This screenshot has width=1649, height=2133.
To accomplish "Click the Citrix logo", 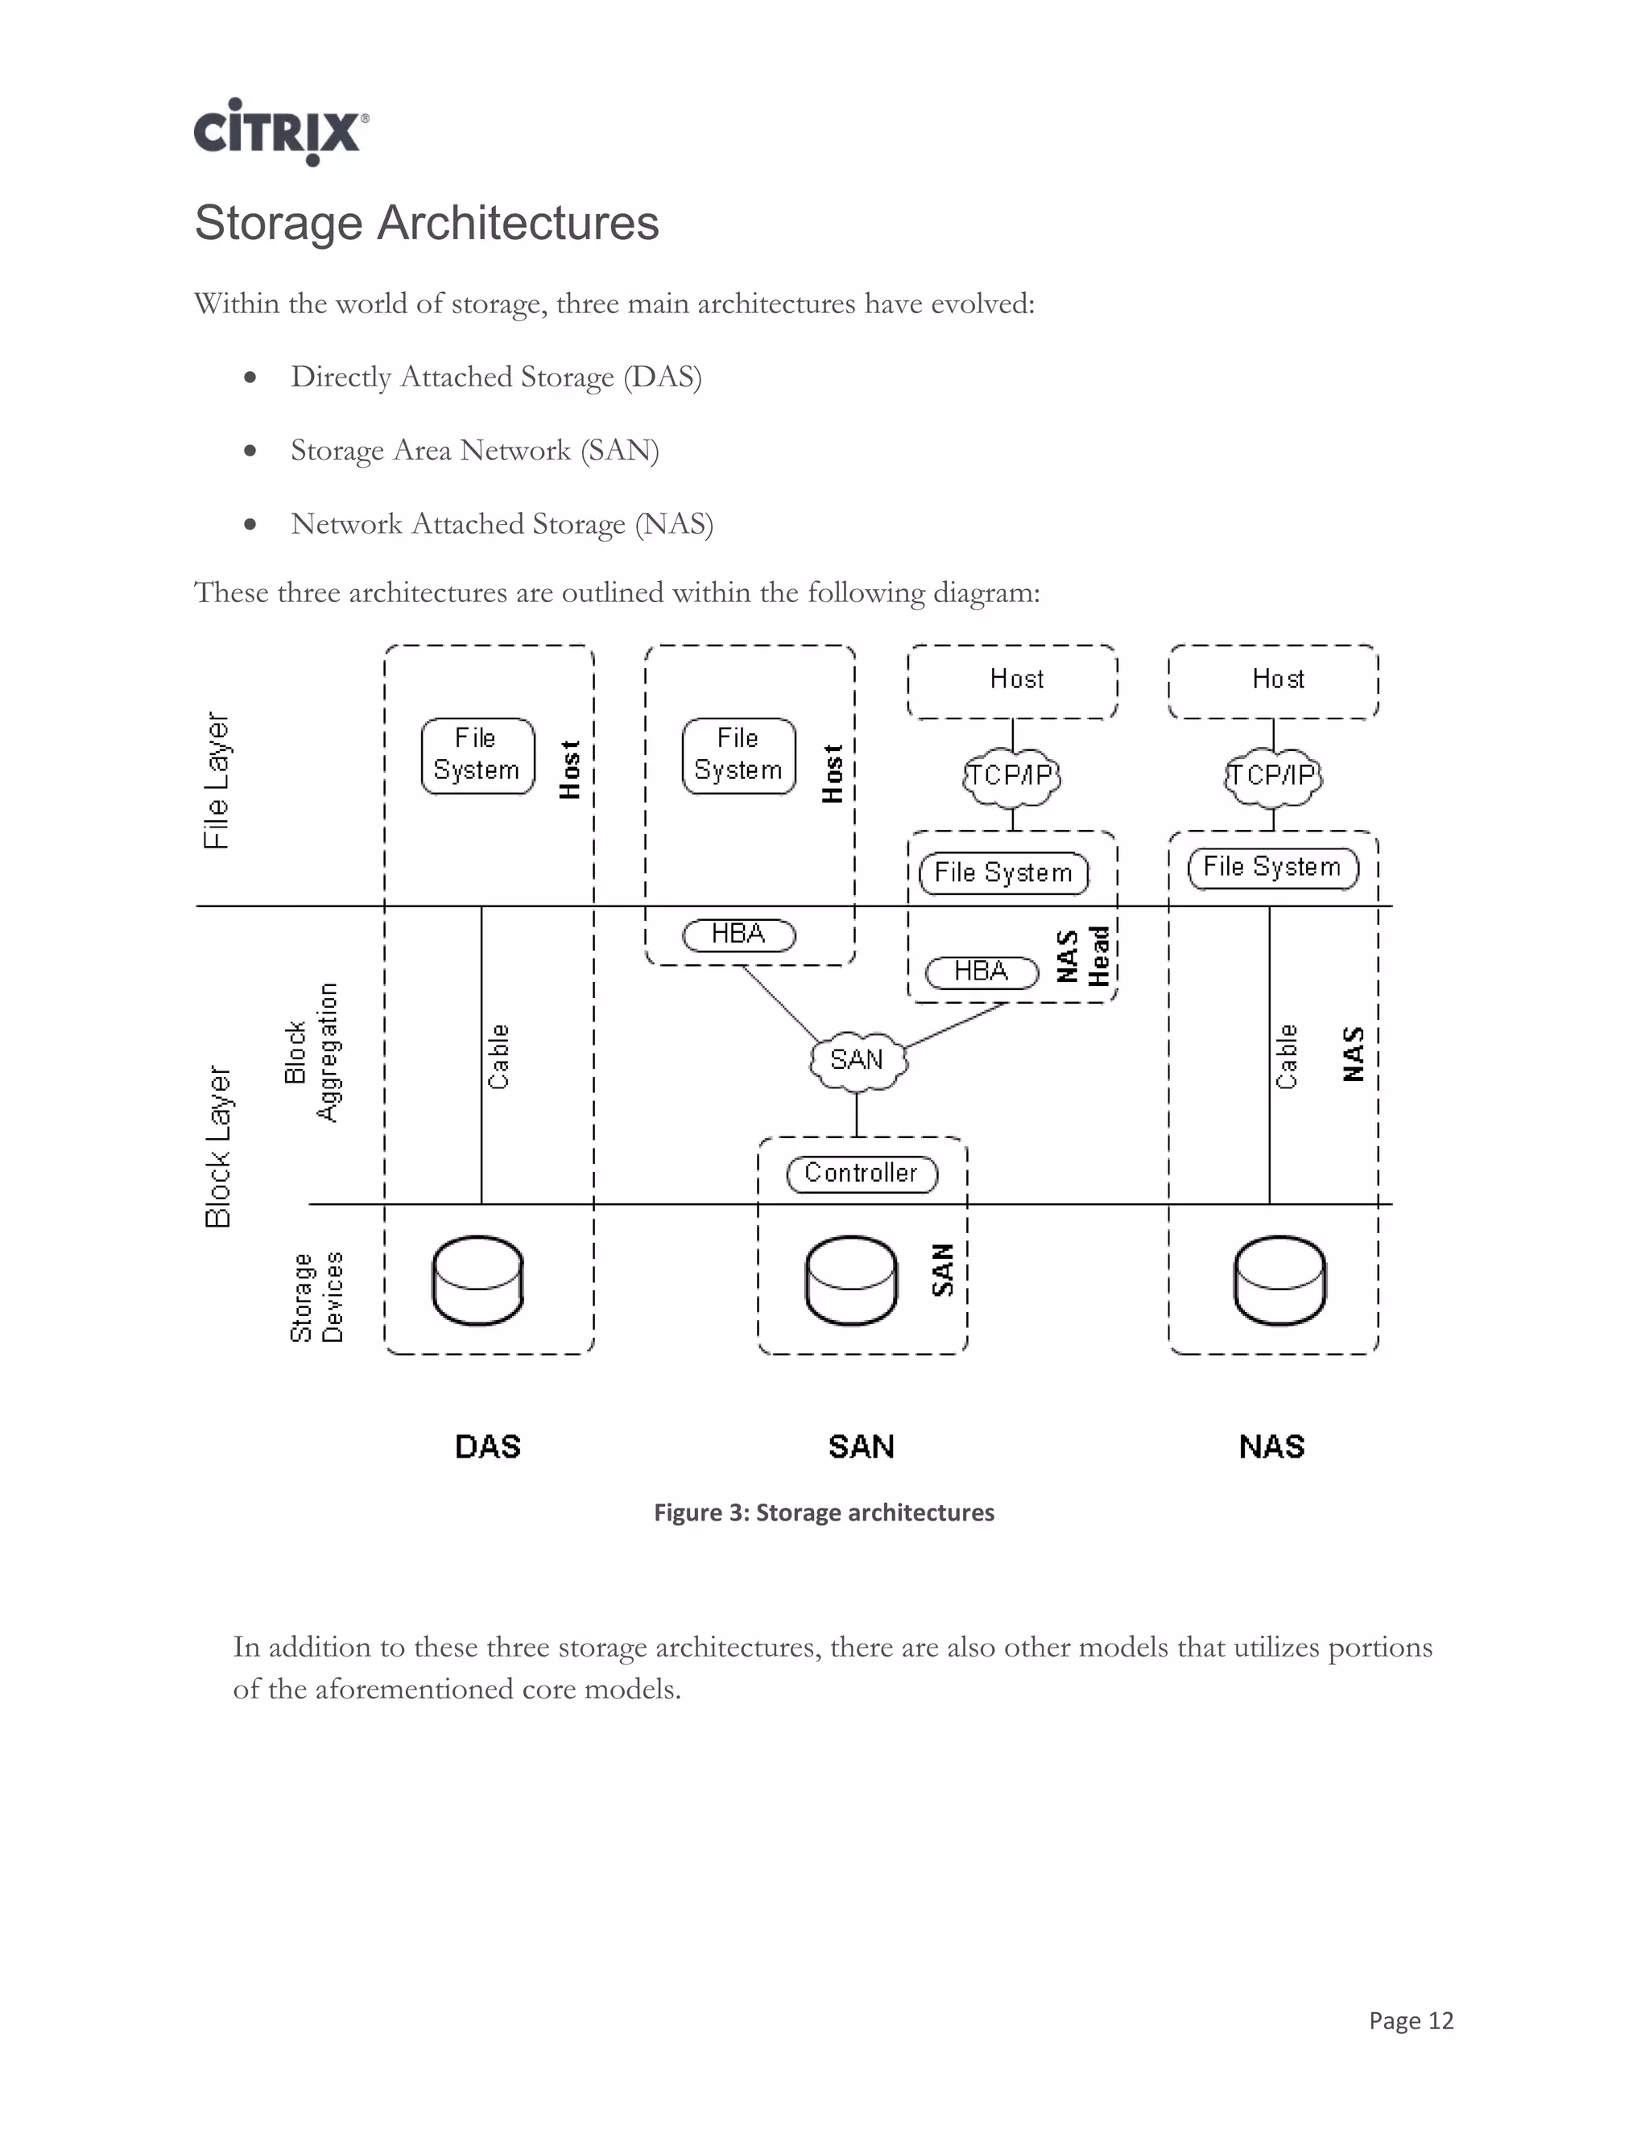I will pos(279,131).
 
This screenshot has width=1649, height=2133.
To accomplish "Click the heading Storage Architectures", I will pos(426,223).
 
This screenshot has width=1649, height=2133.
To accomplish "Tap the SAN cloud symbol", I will pos(858,1060).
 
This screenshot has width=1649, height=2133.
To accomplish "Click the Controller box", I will pos(862,1173).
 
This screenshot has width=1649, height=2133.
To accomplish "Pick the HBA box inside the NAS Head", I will pos(981,972).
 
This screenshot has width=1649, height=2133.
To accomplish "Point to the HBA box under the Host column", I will pos(738,934).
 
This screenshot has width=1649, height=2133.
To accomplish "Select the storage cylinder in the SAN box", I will pos(851,1281).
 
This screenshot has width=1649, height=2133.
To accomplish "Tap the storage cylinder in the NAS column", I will pos(1279,1281).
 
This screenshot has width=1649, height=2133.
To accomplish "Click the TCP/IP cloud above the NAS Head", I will pos(1011,777).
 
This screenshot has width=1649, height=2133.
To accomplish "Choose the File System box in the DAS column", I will pos(477,755).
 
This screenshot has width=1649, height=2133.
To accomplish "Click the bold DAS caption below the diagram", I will pos(487,1446).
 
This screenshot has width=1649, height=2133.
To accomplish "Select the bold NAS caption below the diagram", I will pos(1271,1446).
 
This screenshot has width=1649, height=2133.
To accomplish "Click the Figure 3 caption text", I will pos(824,1513).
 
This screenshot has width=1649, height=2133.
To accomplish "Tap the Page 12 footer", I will pos(1411,2020).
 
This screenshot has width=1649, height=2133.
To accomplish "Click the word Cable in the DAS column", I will pos(498,1057).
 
